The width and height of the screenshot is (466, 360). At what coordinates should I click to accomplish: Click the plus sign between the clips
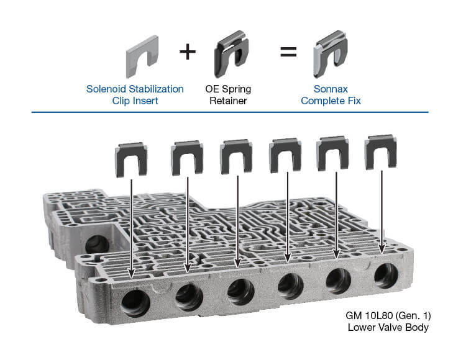[x=188, y=52]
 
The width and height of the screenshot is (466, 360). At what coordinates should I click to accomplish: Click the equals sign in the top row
[x=288, y=52]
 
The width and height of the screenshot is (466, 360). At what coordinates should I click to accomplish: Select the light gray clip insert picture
[x=142, y=56]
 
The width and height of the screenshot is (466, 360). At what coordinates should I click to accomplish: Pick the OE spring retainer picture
[x=231, y=54]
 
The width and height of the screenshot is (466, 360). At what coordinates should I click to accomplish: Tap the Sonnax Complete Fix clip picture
[x=330, y=54]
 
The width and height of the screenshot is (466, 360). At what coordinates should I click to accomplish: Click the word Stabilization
[x=156, y=89]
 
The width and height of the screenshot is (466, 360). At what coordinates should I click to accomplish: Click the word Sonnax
[x=331, y=89]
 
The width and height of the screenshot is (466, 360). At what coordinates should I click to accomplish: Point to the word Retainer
[x=228, y=101]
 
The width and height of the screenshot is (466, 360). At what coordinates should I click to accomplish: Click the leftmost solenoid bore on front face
[x=135, y=303]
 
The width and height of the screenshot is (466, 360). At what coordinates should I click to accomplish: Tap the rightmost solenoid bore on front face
[x=386, y=276]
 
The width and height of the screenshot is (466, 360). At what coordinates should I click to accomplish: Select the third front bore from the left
[x=240, y=292]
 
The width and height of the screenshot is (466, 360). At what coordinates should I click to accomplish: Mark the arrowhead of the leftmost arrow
[x=131, y=273]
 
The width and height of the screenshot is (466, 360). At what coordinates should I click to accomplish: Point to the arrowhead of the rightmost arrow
[x=382, y=249]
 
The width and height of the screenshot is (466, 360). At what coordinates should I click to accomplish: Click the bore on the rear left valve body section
[x=97, y=245]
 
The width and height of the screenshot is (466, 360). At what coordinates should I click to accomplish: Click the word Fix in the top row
[x=354, y=101]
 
